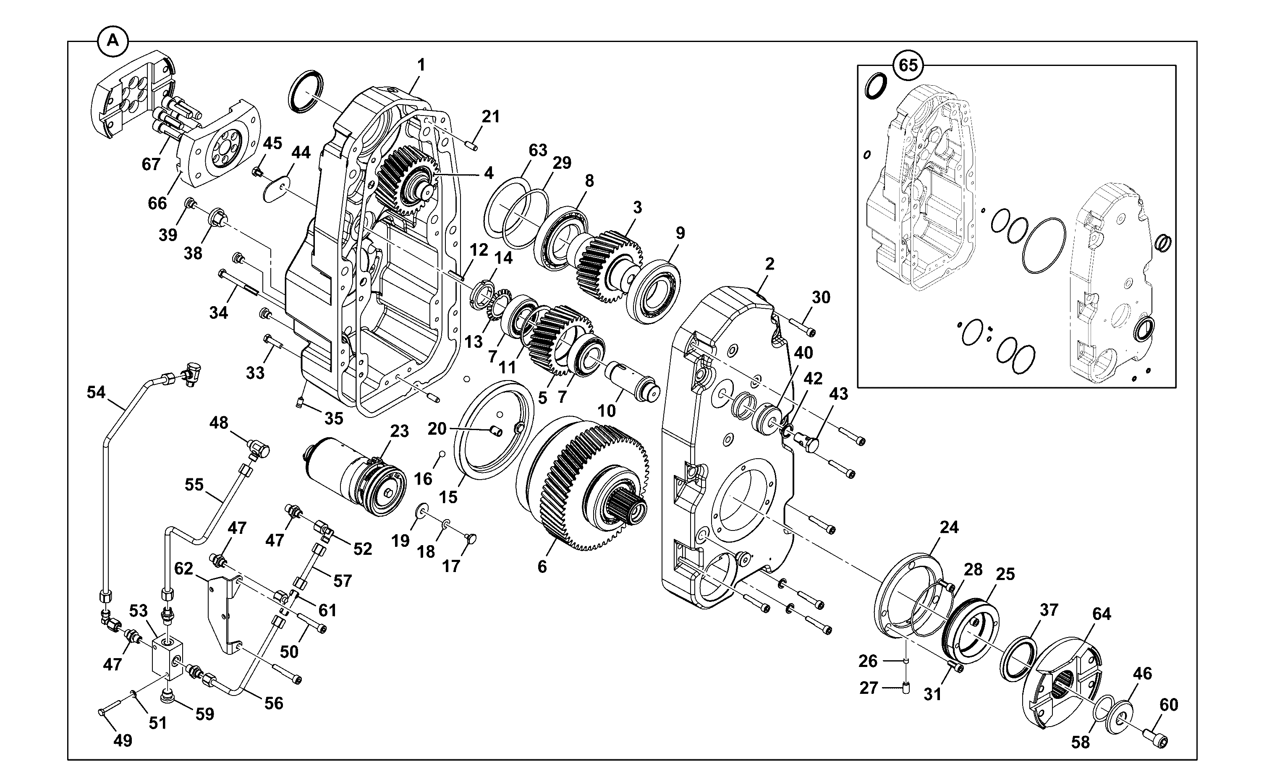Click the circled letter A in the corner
coord(113,40)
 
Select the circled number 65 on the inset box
coord(908,65)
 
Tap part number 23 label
coord(399,431)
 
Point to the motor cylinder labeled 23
coord(354,480)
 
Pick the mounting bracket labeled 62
coord(224,615)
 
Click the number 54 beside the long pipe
coord(96,393)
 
